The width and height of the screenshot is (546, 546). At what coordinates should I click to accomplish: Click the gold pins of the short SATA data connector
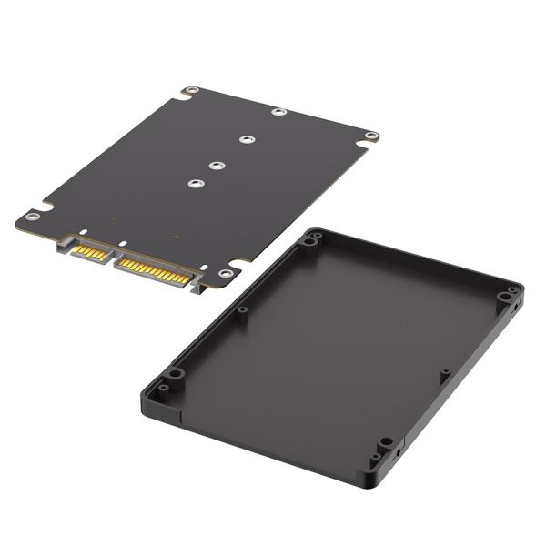[x=90, y=251]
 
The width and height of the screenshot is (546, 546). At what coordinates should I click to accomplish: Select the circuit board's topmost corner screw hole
[x=191, y=91]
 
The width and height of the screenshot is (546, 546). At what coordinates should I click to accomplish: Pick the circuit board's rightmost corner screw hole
[x=370, y=136]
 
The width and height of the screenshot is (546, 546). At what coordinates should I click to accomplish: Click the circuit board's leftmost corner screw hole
[x=33, y=216]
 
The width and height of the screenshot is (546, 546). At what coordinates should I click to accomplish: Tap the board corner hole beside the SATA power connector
[x=224, y=273]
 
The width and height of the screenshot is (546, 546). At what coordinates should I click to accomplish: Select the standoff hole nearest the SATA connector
[x=194, y=183]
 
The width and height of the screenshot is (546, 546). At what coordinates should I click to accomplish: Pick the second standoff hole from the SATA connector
[x=217, y=165]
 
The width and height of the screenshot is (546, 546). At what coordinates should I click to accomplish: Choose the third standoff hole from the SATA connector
[x=246, y=140]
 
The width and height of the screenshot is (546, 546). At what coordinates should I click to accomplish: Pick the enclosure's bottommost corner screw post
[x=386, y=443]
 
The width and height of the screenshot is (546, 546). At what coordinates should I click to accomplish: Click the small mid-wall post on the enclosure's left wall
[x=243, y=310]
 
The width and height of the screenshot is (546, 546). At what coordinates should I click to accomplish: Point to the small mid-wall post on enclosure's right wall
[x=444, y=372]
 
